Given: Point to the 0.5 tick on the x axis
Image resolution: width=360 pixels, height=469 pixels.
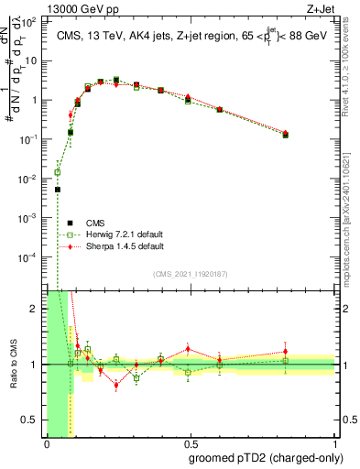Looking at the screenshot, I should (x=191, y=442).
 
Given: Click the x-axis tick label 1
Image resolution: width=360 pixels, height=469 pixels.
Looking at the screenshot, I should (x=335, y=442).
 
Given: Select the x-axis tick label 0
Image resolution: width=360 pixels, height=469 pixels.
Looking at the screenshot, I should (x=47, y=442).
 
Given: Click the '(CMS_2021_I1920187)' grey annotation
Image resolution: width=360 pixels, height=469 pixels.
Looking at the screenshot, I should (x=191, y=274).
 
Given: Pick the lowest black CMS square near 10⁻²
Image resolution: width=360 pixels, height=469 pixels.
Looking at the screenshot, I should (x=57, y=190).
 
